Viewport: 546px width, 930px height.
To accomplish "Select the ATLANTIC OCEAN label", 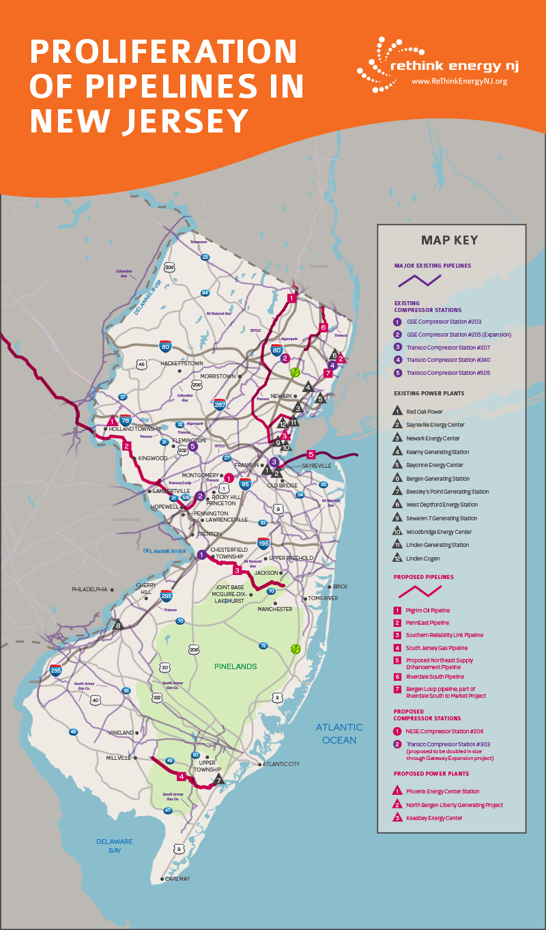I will click(x=339, y=734).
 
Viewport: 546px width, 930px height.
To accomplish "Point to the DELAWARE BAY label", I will click(x=114, y=846).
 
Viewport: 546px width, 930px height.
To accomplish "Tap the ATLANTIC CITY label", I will click(x=281, y=764).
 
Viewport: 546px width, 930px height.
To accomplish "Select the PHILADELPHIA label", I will click(x=89, y=589).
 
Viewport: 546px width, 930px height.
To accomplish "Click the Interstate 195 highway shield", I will click(x=263, y=544).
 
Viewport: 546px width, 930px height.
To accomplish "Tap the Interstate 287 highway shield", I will click(x=219, y=406).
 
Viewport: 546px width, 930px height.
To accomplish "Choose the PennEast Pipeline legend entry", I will click(x=427, y=623).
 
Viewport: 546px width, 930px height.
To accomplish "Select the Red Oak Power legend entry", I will click(x=425, y=412).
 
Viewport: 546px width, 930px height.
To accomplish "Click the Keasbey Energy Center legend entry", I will click(x=434, y=818).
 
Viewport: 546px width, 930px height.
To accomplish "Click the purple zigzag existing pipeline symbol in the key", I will click(x=419, y=280).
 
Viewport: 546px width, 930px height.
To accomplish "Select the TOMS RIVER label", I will click(x=323, y=598).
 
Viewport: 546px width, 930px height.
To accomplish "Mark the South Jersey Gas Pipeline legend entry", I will click(x=436, y=648).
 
